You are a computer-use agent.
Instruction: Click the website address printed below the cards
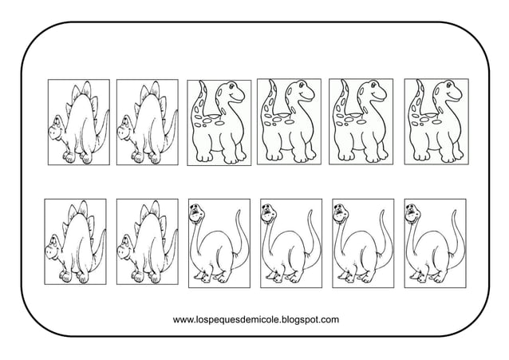click(256, 320)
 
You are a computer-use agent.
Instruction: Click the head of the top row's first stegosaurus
click(57, 128)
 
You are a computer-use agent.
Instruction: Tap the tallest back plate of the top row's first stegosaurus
click(86, 89)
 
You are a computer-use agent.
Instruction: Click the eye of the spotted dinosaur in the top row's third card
click(232, 87)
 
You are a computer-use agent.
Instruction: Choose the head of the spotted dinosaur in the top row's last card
click(450, 89)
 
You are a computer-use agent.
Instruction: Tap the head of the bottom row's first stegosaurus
click(53, 247)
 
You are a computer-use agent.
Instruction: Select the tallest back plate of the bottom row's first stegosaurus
click(83, 208)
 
